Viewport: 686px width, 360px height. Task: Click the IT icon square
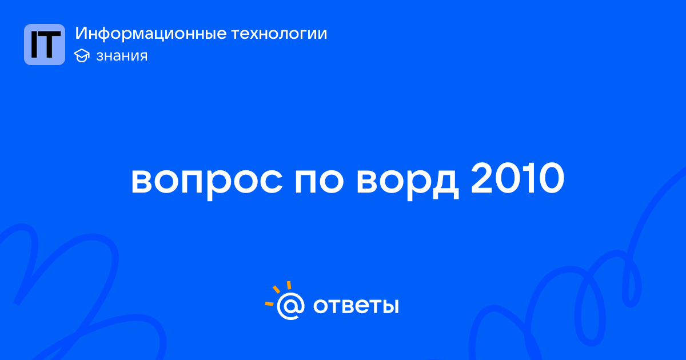(45, 45)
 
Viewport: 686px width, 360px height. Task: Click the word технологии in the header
(280, 33)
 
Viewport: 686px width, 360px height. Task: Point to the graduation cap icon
(82, 56)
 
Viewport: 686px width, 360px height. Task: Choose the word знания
(122, 56)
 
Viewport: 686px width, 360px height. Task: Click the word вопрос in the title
(207, 181)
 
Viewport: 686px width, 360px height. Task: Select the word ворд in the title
(408, 181)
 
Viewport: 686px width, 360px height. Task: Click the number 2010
(517, 178)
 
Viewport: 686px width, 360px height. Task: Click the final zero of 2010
(551, 178)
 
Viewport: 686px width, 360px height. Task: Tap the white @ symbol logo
(290, 306)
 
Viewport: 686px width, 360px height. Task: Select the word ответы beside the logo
(356, 306)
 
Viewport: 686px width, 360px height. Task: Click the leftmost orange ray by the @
(269, 303)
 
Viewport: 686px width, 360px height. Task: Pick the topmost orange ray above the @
(289, 285)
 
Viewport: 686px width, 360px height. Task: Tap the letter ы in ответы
(389, 306)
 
